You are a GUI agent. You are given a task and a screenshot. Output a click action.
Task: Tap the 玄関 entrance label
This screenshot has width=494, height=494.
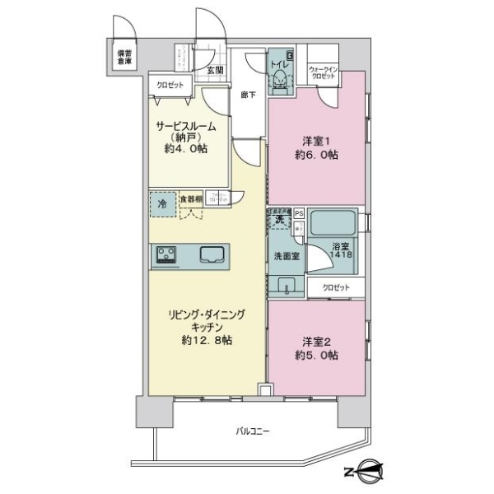coord(216,71)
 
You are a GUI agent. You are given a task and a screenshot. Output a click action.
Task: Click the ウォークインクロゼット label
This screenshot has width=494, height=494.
coord(323,72)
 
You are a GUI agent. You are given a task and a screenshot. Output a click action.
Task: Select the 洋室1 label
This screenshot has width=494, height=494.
coord(310,138)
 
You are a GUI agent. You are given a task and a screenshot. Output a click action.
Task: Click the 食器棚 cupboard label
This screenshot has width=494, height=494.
coord(190,198)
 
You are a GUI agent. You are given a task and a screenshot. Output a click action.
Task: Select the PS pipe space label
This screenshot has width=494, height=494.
coord(299,212)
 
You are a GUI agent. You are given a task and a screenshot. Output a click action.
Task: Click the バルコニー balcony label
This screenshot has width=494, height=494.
coord(253,431)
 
